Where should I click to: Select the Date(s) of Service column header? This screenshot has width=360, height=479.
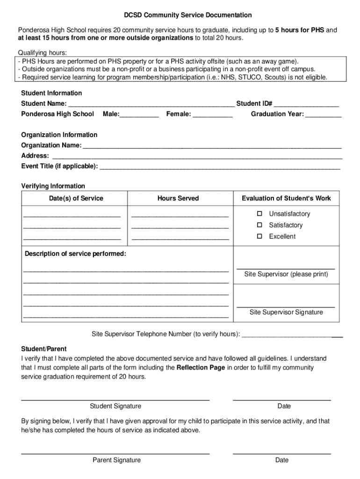pos(76,198)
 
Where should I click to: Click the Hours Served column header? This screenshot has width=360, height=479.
pos(178,198)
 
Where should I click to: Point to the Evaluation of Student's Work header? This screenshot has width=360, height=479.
pos(286,198)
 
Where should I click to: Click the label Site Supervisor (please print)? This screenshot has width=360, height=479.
pos(286,274)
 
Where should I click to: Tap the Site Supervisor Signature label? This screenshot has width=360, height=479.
pos(286,312)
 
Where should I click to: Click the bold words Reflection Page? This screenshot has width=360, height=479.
pos(201,367)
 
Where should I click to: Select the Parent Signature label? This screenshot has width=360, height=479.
pos(116,460)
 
